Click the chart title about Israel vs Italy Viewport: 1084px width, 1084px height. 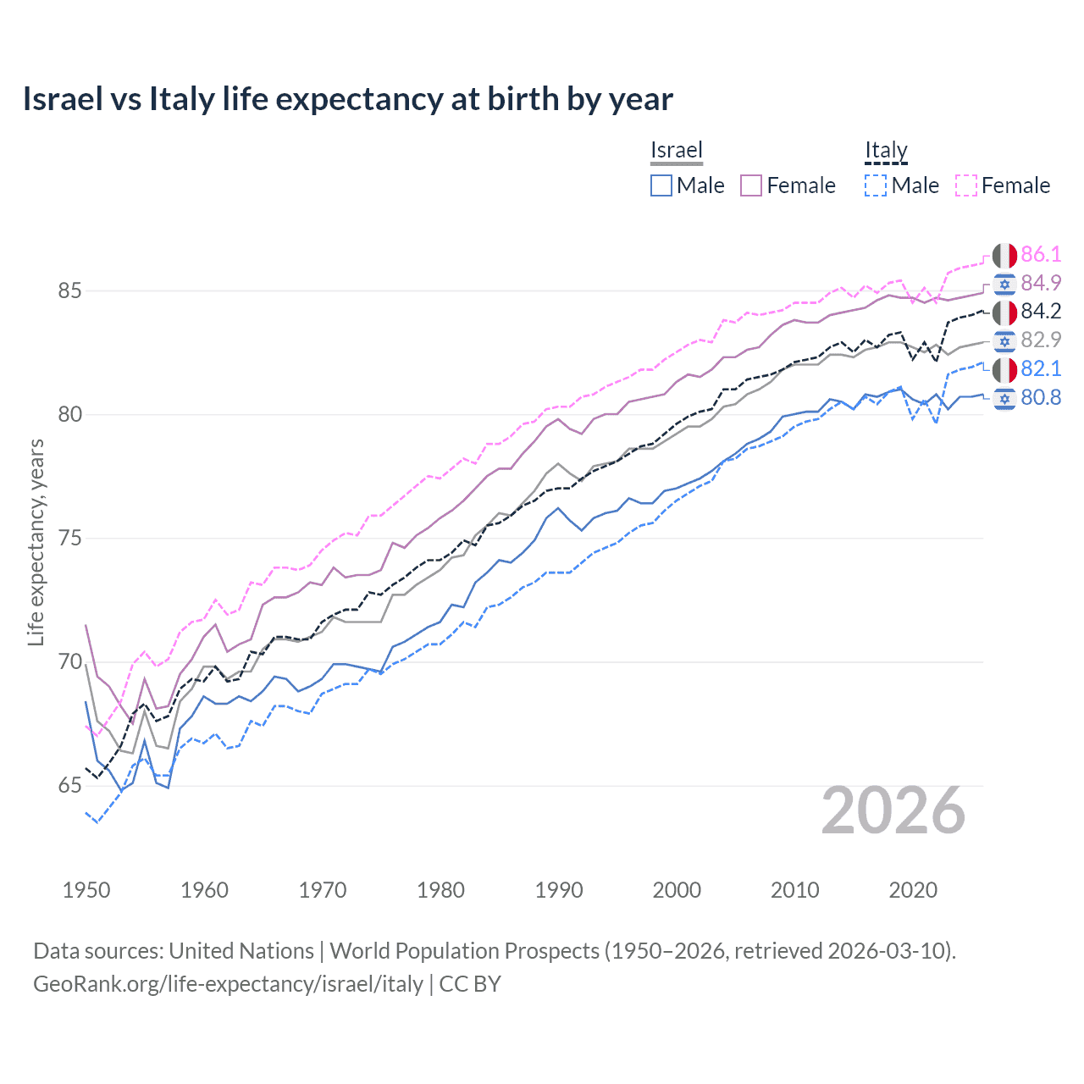[x=347, y=99]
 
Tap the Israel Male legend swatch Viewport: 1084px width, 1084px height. [x=661, y=185]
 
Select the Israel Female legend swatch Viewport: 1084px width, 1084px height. [x=751, y=185]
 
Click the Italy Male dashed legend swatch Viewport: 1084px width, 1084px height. [x=876, y=185]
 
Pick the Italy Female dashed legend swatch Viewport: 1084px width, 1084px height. [x=966, y=185]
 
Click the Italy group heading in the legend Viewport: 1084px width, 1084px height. [x=886, y=151]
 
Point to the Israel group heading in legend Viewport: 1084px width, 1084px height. [x=676, y=151]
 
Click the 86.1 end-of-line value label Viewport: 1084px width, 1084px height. [x=1041, y=254]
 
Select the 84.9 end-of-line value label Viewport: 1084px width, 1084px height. [x=1041, y=283]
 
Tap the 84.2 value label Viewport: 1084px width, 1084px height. [x=1041, y=312]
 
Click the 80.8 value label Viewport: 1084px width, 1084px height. [x=1041, y=397]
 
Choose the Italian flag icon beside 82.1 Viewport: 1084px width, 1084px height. [x=1004, y=369]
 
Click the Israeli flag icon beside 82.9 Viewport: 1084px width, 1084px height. [x=1004, y=340]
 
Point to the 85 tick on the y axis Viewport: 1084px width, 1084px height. [x=69, y=290]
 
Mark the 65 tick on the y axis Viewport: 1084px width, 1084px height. [x=69, y=786]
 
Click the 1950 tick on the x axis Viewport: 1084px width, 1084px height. [x=86, y=890]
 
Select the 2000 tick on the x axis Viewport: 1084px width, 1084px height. [x=677, y=890]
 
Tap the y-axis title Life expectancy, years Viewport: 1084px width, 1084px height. [x=36, y=542]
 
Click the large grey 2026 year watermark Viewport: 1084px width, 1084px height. [x=893, y=810]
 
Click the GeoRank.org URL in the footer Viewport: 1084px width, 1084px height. [x=228, y=984]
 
